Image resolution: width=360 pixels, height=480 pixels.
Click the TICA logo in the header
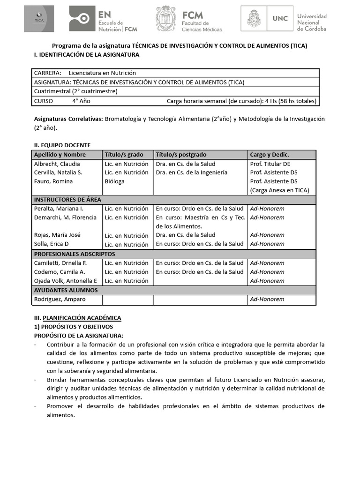tap(39, 19)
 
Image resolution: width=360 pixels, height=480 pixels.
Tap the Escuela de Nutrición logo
tap(103, 19)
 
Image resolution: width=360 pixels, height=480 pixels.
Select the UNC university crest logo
tap(255, 19)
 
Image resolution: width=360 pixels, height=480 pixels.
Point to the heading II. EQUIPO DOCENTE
tap(62, 145)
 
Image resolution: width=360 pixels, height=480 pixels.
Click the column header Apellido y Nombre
tap(60, 155)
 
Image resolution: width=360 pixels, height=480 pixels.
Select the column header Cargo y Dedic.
tap(270, 155)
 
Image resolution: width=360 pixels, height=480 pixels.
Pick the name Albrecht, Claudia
tap(57, 164)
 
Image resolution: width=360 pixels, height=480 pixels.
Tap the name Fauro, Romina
tap(53, 181)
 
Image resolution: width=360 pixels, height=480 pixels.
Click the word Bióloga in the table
tap(115, 181)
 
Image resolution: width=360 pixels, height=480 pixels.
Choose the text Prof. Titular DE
tap(270, 164)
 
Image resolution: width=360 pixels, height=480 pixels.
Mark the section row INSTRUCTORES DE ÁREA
tap(67, 200)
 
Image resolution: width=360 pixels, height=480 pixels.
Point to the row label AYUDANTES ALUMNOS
tap(66, 290)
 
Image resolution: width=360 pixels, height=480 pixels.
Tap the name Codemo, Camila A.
tap(59, 272)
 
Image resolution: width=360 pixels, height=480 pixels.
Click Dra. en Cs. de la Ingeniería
tap(191, 172)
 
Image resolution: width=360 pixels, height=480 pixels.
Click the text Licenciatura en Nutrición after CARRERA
tap(102, 73)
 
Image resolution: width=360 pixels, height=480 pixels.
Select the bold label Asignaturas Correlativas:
tap(68, 119)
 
